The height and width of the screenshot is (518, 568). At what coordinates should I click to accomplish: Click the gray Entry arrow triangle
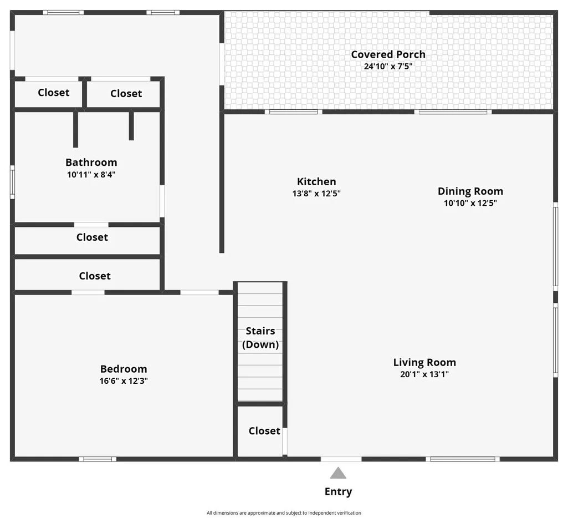click(x=338, y=473)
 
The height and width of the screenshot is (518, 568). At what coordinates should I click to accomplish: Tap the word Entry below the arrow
click(x=339, y=491)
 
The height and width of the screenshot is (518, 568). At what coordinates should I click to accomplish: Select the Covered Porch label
click(x=388, y=54)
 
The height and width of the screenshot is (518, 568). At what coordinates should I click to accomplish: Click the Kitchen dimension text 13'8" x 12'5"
click(x=316, y=193)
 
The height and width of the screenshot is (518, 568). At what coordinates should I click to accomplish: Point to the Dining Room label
click(x=470, y=191)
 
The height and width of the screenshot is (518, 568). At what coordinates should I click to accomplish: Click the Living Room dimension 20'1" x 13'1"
click(x=424, y=374)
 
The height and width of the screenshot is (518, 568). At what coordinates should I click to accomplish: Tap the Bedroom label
click(x=124, y=369)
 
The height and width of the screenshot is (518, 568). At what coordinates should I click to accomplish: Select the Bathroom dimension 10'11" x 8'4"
click(x=91, y=174)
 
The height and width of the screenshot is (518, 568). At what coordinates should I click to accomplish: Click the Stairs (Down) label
click(x=260, y=338)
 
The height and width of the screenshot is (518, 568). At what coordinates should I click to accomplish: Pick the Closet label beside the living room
click(x=264, y=430)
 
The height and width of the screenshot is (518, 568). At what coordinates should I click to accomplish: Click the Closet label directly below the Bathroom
click(x=92, y=237)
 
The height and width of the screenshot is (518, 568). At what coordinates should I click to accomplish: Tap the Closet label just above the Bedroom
click(x=95, y=276)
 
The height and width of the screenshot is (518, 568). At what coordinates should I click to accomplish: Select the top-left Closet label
click(x=54, y=93)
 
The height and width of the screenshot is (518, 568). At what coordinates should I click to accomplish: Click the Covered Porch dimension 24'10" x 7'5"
click(x=388, y=67)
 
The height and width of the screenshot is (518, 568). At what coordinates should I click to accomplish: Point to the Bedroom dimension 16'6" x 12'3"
click(x=124, y=380)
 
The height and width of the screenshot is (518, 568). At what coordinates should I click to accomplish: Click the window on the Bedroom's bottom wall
click(x=98, y=459)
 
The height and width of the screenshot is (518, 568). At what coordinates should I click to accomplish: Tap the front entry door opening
click(x=341, y=459)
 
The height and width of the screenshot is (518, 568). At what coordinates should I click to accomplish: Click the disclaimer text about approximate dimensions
click(x=284, y=512)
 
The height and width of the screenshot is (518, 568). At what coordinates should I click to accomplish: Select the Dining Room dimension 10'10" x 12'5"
click(x=470, y=203)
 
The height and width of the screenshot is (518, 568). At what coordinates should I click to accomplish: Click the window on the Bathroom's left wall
click(x=12, y=182)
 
